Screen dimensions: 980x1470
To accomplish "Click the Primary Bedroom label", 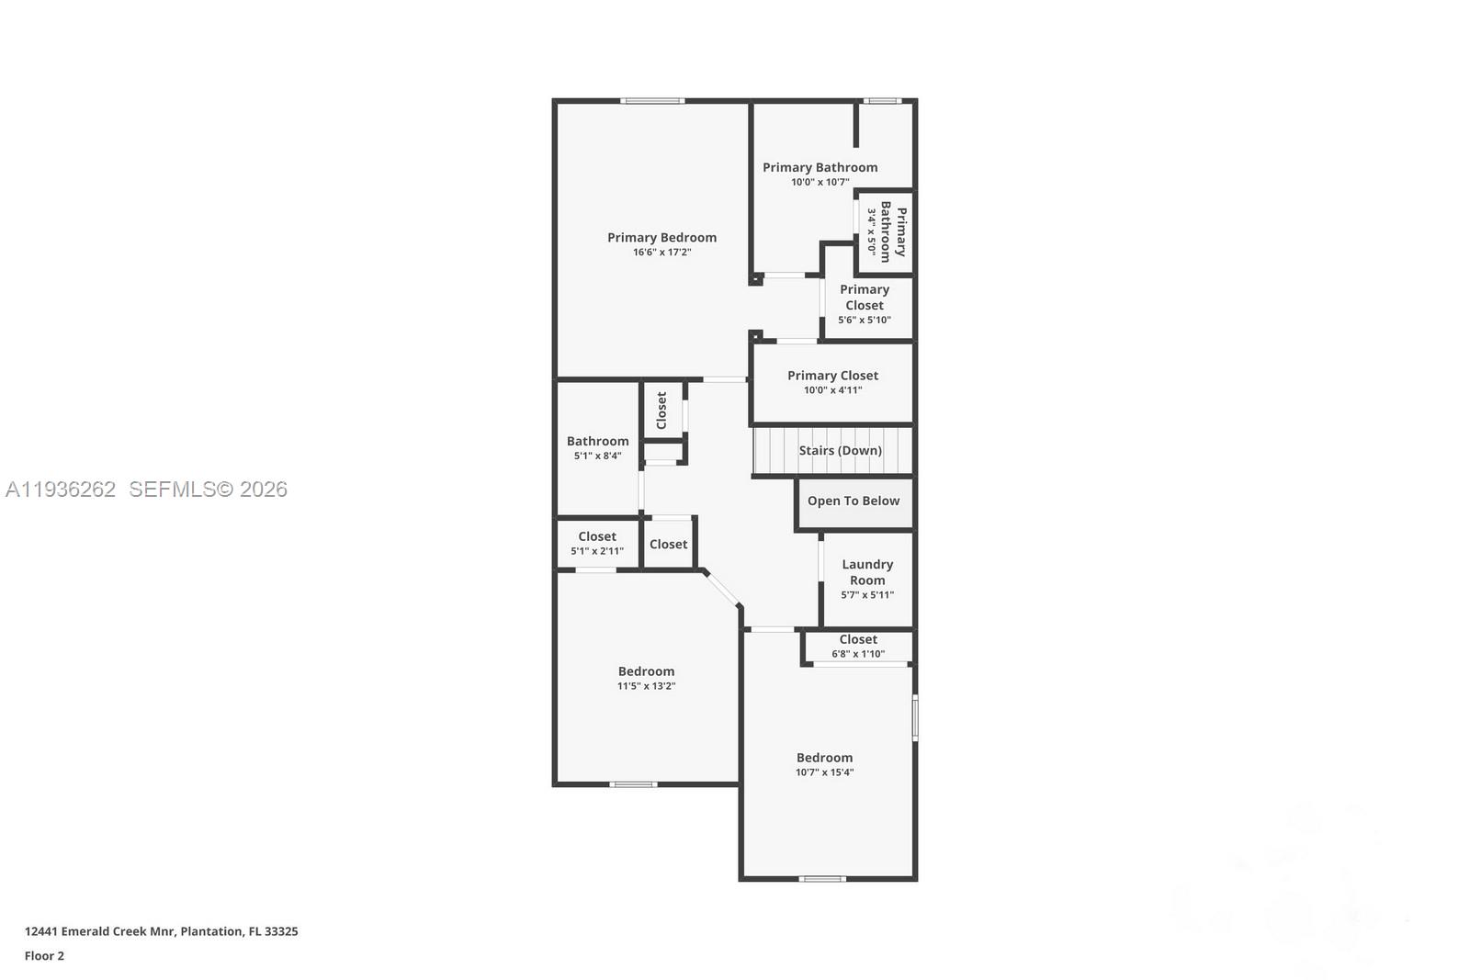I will [x=661, y=237].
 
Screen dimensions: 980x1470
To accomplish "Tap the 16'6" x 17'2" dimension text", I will [x=661, y=252].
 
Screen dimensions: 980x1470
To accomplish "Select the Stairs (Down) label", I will [x=840, y=450].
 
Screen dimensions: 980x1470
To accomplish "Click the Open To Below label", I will [x=854, y=501].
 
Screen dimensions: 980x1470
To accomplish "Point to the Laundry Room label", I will [x=867, y=572].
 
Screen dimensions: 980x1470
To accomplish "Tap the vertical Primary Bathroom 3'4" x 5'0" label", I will [x=888, y=231].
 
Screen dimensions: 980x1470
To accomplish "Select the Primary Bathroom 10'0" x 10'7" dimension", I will [x=820, y=182].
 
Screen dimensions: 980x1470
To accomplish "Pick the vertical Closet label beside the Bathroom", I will [x=661, y=411].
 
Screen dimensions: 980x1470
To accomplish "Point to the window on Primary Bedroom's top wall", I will [x=652, y=100].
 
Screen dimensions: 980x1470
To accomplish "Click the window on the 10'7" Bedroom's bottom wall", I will [x=822, y=879].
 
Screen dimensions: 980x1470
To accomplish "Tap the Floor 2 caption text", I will [x=44, y=956].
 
